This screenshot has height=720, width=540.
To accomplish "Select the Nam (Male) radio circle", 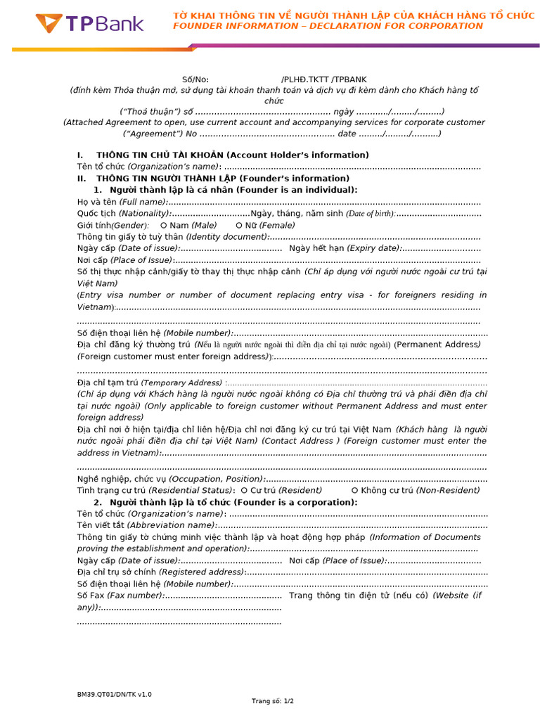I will [164, 225].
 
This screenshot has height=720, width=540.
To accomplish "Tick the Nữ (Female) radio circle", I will [239, 225].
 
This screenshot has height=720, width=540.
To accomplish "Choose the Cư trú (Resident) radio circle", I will [243, 490].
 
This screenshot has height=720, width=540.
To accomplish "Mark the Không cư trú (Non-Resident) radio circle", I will [354, 490].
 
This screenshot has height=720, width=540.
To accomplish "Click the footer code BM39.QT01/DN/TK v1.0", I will [114, 694].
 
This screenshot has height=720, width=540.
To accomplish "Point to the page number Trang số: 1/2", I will [273, 701].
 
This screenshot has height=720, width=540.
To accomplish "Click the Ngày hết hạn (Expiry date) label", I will [345, 248].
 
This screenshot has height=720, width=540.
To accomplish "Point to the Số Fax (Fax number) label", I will [120, 596].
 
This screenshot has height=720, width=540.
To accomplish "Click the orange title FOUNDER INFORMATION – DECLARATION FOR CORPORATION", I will [328, 26].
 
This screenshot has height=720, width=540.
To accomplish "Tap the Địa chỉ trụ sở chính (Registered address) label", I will [161, 572].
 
